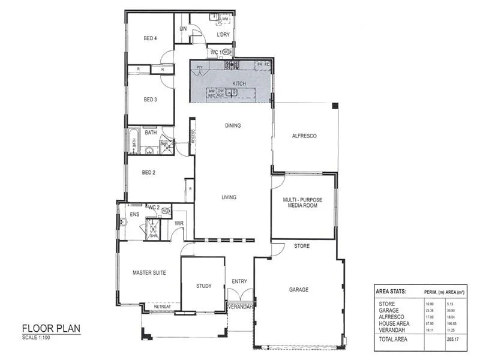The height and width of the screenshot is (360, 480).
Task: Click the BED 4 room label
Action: pos(150,38)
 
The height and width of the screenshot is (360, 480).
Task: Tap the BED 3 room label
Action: pos(150,100)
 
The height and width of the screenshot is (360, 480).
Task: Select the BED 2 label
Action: pos(149,172)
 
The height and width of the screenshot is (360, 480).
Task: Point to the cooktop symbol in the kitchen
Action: pos(232,64)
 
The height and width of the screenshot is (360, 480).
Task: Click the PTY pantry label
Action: pos(199,68)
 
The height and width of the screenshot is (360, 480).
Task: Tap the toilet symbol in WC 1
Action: pos(226,52)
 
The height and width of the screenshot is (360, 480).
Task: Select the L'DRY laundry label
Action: pos(223,35)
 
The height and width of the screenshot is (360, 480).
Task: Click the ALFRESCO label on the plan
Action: pos(304,136)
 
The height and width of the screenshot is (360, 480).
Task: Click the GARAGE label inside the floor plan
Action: pos(298,290)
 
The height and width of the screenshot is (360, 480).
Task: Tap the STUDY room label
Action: pos(203,286)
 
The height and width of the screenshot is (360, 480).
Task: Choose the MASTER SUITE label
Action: pos(149,272)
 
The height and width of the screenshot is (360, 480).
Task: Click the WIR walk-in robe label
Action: pos(179,224)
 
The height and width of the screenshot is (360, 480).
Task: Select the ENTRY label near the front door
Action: pos(239,281)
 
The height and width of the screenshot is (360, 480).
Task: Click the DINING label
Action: pos(233,126)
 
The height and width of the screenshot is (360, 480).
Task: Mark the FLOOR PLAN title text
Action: pos(51,328)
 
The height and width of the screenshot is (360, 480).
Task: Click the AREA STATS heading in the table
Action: pos(391,292)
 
